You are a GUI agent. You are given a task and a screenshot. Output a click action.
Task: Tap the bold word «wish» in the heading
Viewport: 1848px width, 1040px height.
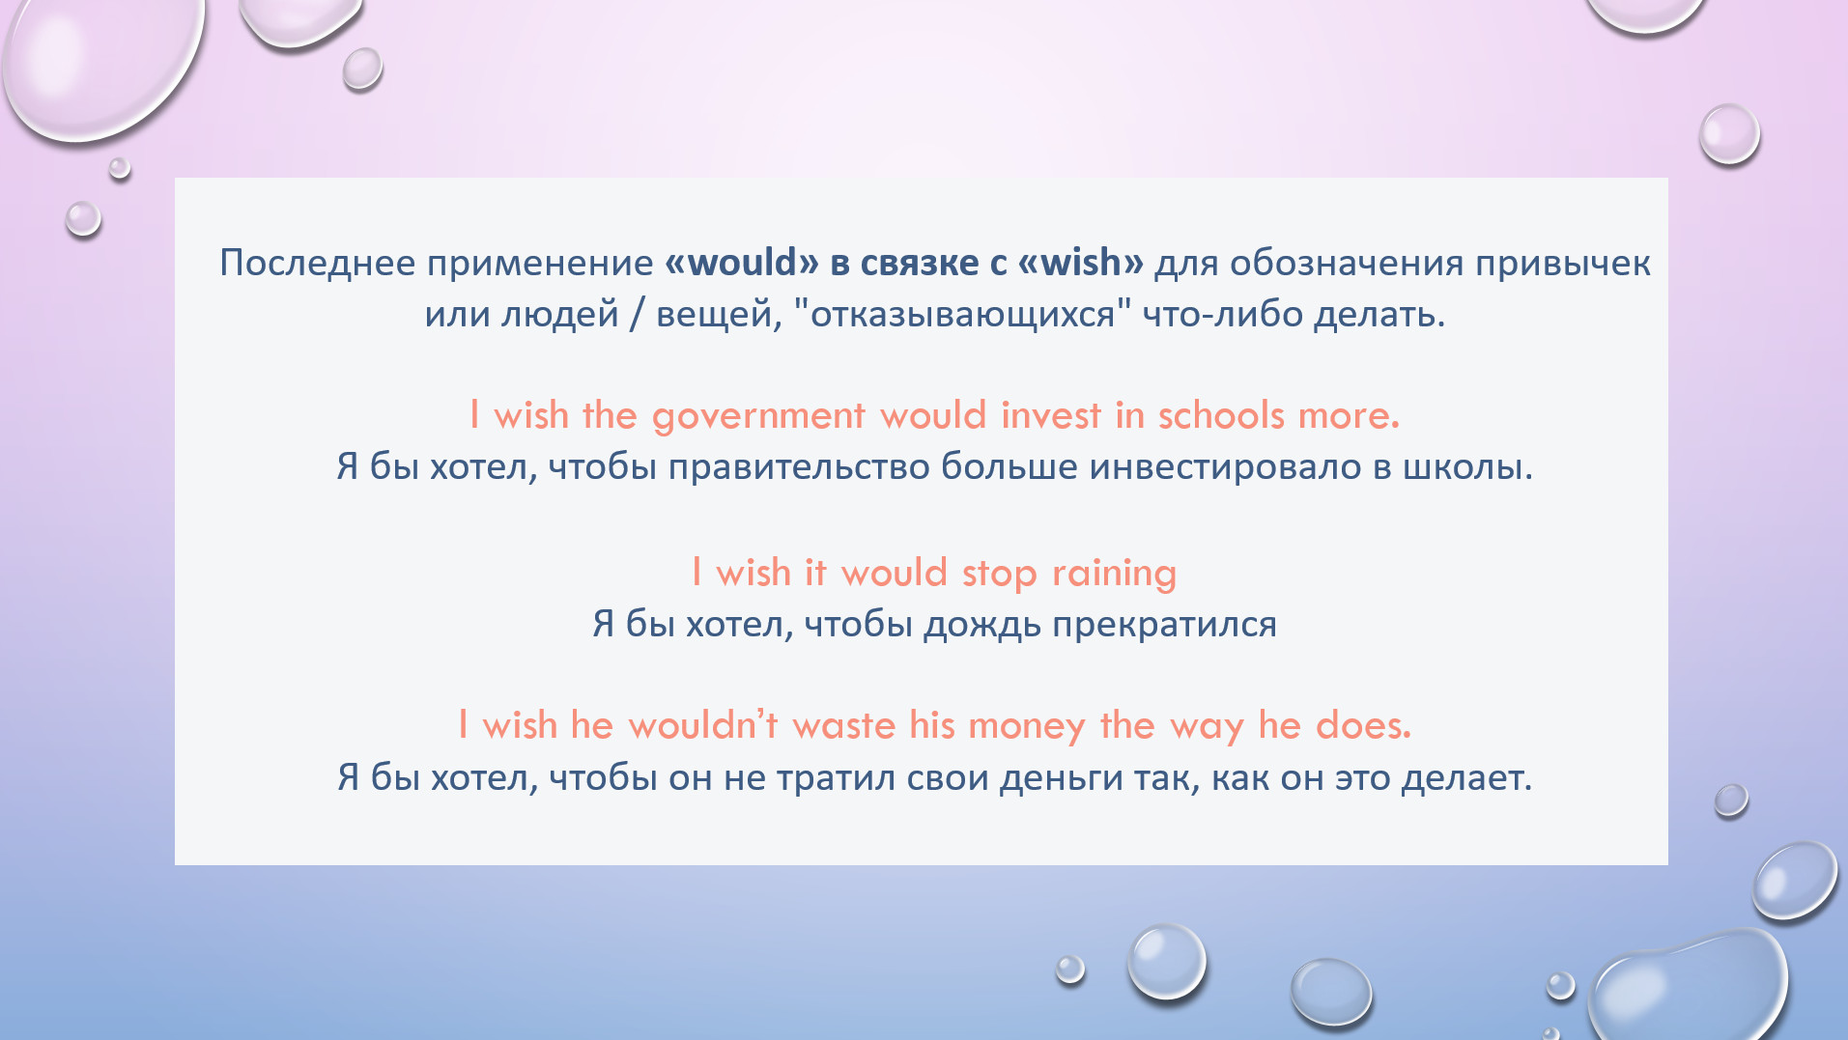pyautogui.click(x=1081, y=263)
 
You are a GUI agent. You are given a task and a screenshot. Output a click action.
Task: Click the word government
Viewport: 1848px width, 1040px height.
pyautogui.click(x=758, y=416)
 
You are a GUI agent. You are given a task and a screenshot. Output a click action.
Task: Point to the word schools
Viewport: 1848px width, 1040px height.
pyautogui.click(x=1221, y=415)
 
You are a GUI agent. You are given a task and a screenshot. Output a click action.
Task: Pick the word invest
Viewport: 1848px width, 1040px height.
pyautogui.click(x=1051, y=415)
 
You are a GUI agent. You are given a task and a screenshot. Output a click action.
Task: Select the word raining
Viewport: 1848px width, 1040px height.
pyautogui.click(x=1115, y=574)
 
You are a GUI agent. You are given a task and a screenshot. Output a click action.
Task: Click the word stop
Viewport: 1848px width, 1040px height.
pyautogui.click(x=999, y=574)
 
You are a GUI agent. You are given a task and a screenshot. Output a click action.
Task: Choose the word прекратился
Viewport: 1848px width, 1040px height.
pyautogui.click(x=1164, y=626)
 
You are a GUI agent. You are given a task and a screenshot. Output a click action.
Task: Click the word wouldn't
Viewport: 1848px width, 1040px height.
pyautogui.click(x=703, y=725)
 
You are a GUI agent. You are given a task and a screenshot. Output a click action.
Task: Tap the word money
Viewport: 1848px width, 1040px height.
pyautogui.click(x=1027, y=726)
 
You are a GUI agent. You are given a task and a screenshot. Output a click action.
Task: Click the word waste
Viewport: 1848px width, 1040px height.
pyautogui.click(x=844, y=725)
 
